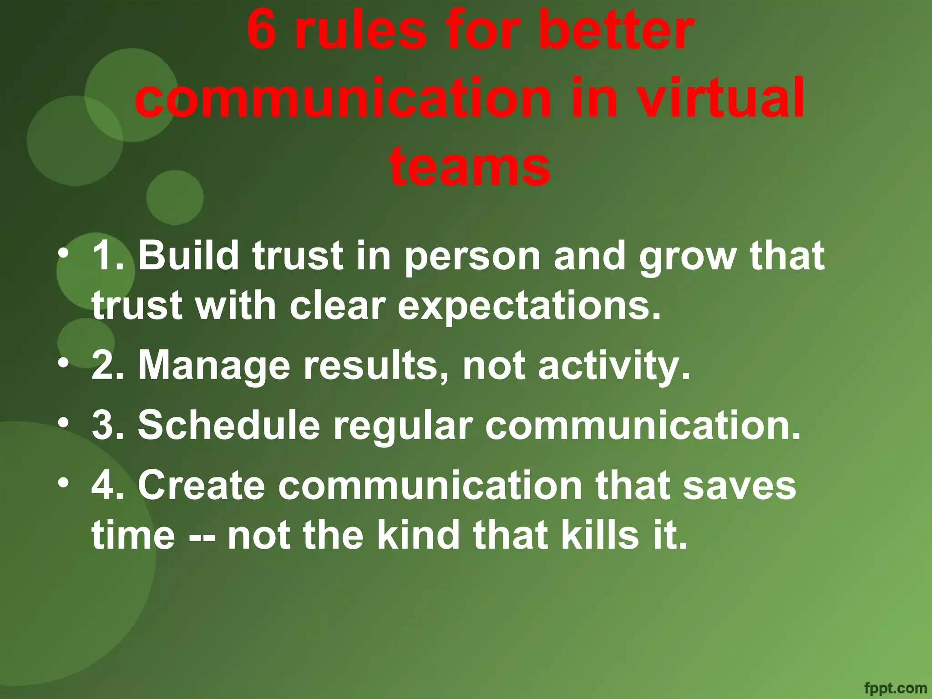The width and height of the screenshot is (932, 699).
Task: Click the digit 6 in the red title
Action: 263,31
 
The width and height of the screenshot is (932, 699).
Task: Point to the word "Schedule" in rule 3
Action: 229,425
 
